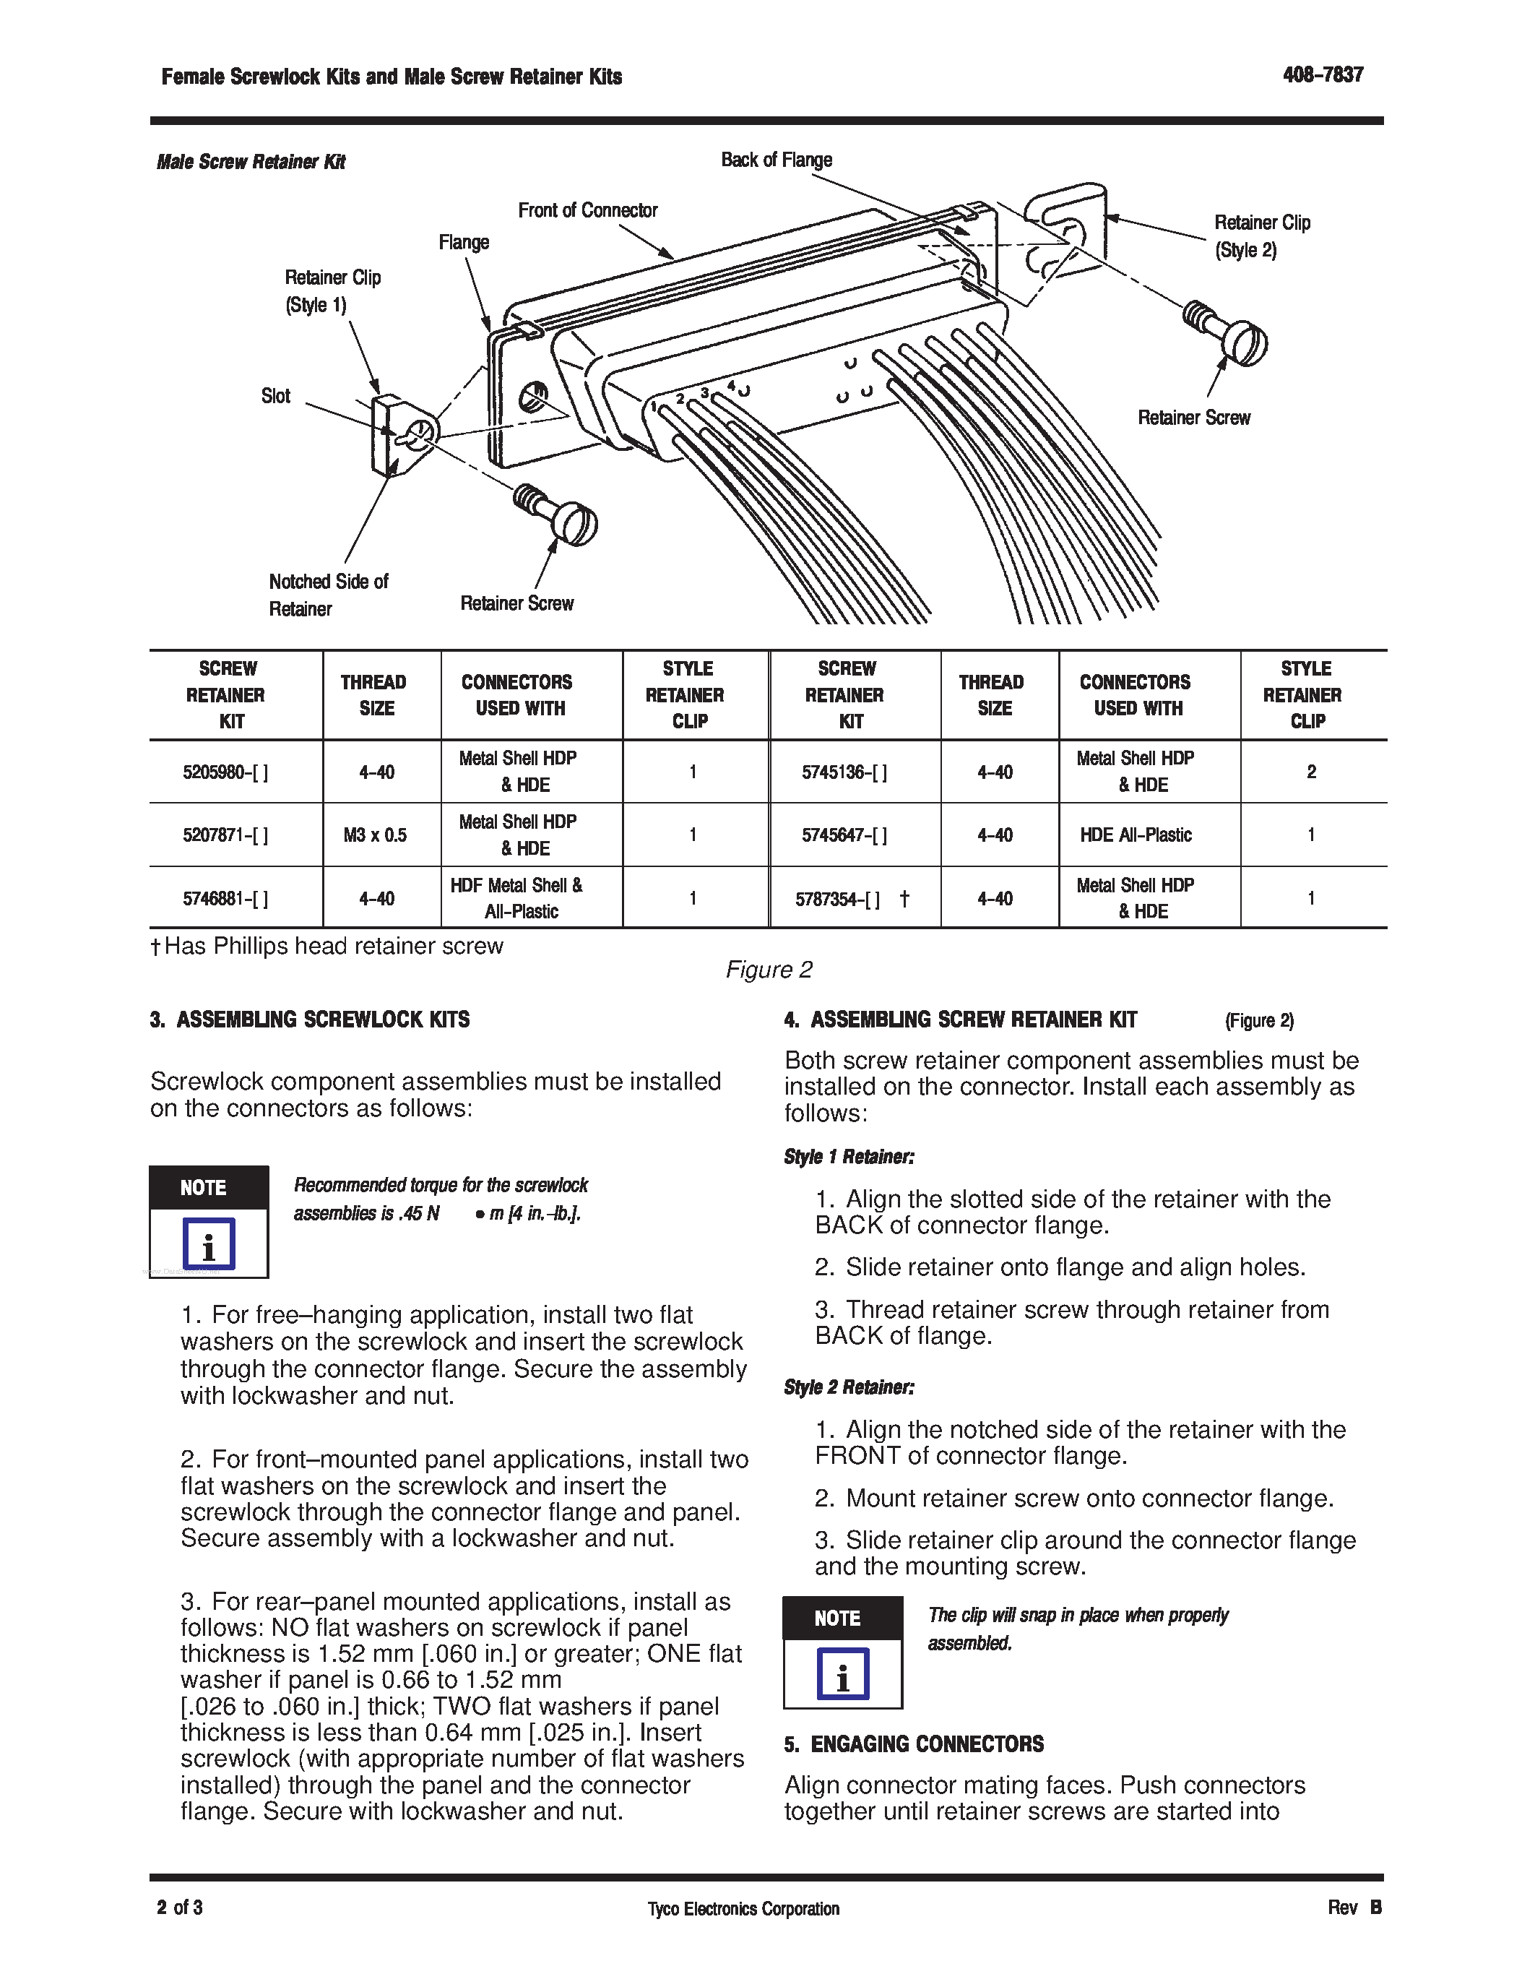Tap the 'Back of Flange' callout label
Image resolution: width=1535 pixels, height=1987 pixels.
coord(776,160)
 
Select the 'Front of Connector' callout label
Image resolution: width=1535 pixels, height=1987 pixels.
coord(587,210)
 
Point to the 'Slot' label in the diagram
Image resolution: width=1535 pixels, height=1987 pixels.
coord(275,396)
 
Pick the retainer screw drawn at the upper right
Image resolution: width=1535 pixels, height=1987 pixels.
coord(1227,332)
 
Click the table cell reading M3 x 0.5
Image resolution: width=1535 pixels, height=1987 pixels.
coord(376,835)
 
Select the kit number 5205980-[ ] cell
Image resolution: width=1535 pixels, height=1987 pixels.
coord(225,772)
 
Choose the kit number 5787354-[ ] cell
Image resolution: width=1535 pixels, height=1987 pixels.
coord(839,899)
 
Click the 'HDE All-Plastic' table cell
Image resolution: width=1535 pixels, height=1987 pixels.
coord(1135,835)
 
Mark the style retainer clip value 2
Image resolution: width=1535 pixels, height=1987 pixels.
coord(1310,772)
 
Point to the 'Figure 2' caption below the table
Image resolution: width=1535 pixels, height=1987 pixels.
coord(769,970)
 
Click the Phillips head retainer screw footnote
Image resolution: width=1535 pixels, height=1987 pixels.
coord(327,947)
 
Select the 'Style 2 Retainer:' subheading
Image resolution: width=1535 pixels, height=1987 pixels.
coord(849,1387)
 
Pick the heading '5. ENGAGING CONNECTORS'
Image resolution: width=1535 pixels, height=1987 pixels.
coord(914,1744)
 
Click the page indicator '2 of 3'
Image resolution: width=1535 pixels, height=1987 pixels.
coord(179,1907)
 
